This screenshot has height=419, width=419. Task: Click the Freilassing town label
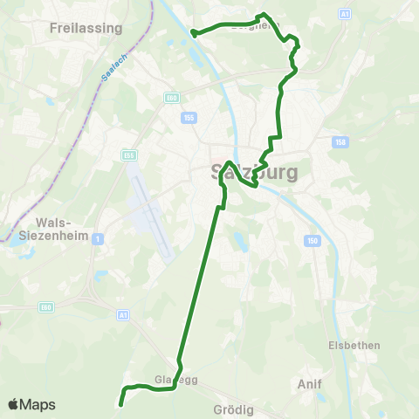coord(86,28)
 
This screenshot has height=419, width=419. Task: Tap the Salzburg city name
coord(255,171)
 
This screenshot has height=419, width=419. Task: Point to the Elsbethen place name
coord(354,345)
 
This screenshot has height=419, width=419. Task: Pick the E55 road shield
coord(130,155)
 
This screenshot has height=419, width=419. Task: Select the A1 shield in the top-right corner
coord(344,15)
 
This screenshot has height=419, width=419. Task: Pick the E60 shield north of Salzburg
coord(171,99)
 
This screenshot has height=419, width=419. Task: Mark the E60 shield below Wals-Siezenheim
coord(46,306)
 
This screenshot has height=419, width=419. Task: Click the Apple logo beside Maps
coord(14,404)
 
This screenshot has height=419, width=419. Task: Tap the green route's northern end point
coord(192,33)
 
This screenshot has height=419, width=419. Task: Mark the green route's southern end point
coord(120,404)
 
